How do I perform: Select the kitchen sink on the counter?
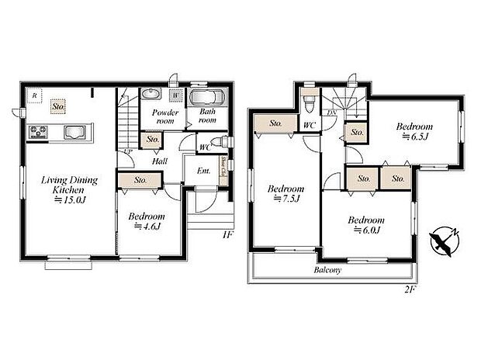tap(75, 130)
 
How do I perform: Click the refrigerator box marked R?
tap(34, 95)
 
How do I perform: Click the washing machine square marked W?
tap(177, 96)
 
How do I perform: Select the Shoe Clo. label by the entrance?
tap(223, 167)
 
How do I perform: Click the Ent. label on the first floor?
tap(203, 171)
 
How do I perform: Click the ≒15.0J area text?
tap(68, 199)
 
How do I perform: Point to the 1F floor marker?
tap(227, 233)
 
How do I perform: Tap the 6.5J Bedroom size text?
tap(415, 137)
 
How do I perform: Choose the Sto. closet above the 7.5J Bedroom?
tap(275, 123)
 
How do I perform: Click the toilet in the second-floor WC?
tap(310, 102)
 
